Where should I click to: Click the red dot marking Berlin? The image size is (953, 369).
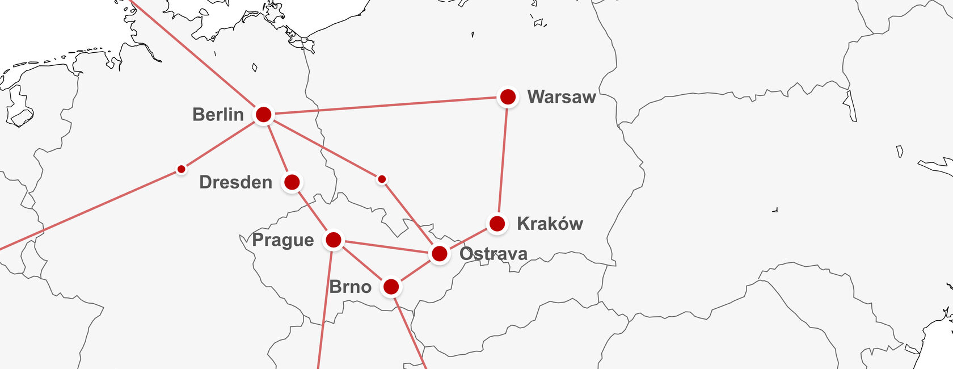tap(264, 115)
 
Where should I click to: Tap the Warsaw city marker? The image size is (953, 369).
tap(508, 97)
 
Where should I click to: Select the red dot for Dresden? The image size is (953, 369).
tap(292, 182)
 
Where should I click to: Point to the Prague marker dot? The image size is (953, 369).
tap(334, 240)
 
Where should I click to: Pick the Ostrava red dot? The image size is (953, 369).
tap(440, 254)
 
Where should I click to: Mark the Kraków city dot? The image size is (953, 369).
tap(497, 224)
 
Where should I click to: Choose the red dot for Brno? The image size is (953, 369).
tap(391, 287)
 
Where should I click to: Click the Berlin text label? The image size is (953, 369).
tap(218, 115)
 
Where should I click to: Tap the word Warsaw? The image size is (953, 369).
tap(562, 97)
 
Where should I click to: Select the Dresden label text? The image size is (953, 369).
tap(235, 182)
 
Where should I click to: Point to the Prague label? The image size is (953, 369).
tap(282, 240)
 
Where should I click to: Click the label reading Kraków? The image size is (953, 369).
tap(550, 224)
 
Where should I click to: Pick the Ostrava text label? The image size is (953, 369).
tap(494, 254)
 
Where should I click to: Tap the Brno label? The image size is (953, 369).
tap(350, 287)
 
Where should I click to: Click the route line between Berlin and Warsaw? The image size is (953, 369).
tap(386, 106)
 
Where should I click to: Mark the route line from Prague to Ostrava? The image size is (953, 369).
tap(386, 247)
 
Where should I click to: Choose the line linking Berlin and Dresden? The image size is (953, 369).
tap(278, 148)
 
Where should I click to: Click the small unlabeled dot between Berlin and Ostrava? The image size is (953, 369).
tap(382, 179)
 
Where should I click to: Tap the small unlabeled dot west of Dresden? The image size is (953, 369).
tap(181, 169)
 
